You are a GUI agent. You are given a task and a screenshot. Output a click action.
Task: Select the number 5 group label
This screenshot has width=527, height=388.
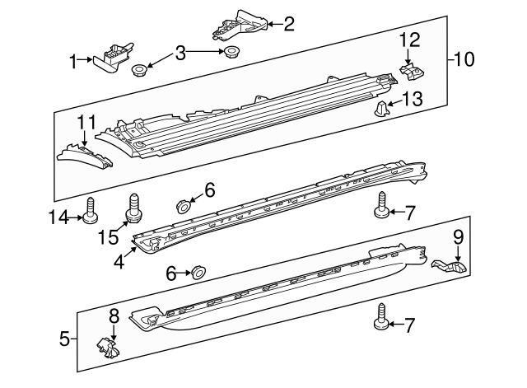click(64, 337)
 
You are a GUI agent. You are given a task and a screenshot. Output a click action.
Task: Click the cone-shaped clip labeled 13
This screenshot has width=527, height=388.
click(381, 108)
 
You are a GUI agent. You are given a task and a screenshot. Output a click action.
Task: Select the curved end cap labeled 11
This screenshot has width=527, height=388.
click(86, 155)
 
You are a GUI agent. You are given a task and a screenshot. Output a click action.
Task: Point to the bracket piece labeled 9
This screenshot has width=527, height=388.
click(449, 266)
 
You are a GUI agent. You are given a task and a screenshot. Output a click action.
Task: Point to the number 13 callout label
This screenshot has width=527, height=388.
click(413, 101)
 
